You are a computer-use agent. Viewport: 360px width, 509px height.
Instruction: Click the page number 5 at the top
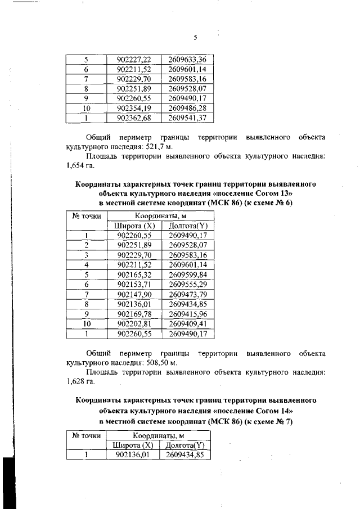point(195,38)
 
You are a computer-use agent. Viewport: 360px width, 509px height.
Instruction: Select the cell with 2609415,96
point(187,314)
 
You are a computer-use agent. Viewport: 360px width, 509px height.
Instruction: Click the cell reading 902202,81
point(133,324)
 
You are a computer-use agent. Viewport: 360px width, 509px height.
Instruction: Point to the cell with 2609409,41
point(187,324)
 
